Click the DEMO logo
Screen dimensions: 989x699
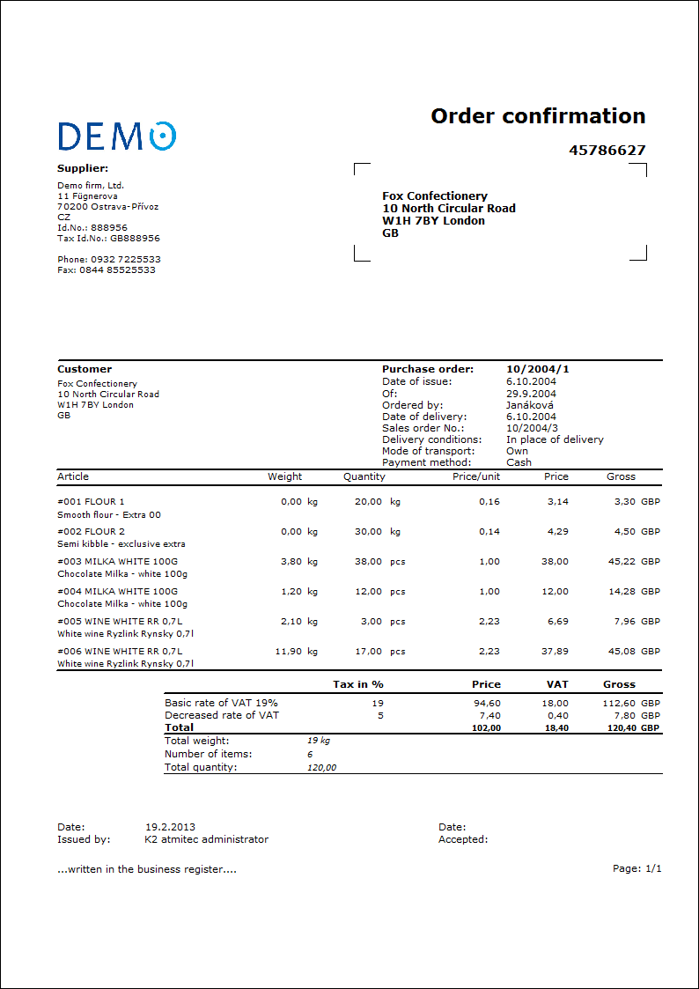click(x=116, y=136)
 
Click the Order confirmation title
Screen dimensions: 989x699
click(x=538, y=116)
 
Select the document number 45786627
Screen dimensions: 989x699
click(x=607, y=151)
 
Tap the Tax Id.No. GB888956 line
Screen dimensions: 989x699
click(x=108, y=238)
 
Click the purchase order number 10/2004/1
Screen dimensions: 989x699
click(x=537, y=369)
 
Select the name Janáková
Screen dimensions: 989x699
click(x=530, y=405)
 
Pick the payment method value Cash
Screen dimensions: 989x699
click(x=519, y=462)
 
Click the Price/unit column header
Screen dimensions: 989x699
click(x=475, y=476)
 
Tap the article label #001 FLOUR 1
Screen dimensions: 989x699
click(x=91, y=501)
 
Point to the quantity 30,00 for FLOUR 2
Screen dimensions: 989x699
click(x=367, y=531)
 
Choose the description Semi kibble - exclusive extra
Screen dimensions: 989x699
click(x=121, y=544)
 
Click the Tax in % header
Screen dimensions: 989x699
click(x=358, y=684)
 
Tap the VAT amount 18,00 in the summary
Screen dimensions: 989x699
click(x=556, y=703)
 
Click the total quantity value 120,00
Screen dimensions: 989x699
click(x=321, y=767)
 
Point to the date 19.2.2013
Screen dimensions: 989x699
click(x=170, y=827)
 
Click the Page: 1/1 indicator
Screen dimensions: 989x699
click(x=636, y=868)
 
